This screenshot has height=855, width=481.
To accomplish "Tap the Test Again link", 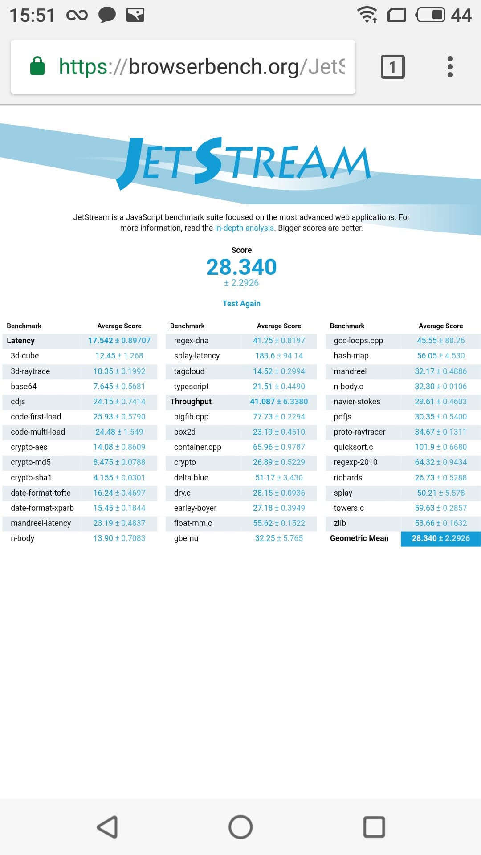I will click(241, 303).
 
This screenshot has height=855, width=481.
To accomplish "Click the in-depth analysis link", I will click(244, 228).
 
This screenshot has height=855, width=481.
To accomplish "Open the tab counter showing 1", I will click(392, 67).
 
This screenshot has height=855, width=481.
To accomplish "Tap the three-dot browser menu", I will click(450, 67).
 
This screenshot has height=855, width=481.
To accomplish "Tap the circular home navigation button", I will click(240, 827).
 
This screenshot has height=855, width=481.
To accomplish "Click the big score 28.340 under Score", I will click(241, 267).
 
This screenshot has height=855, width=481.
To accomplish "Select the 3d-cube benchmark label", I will click(25, 356).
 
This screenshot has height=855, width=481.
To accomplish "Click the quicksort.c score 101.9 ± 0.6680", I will click(440, 447).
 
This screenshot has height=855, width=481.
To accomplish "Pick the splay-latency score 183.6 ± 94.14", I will click(279, 356).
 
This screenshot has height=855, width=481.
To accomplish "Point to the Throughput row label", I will click(191, 402).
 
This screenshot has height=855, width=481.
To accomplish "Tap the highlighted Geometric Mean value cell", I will click(440, 538).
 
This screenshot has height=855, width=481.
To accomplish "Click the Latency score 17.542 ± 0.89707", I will click(119, 341).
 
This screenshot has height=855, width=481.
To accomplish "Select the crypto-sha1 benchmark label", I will click(31, 478).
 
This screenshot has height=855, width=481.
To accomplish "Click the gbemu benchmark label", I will click(186, 538).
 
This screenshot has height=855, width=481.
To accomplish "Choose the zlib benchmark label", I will click(340, 523).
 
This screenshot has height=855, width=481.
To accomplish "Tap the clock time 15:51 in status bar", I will click(32, 16).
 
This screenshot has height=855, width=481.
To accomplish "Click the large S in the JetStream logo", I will click(208, 160).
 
